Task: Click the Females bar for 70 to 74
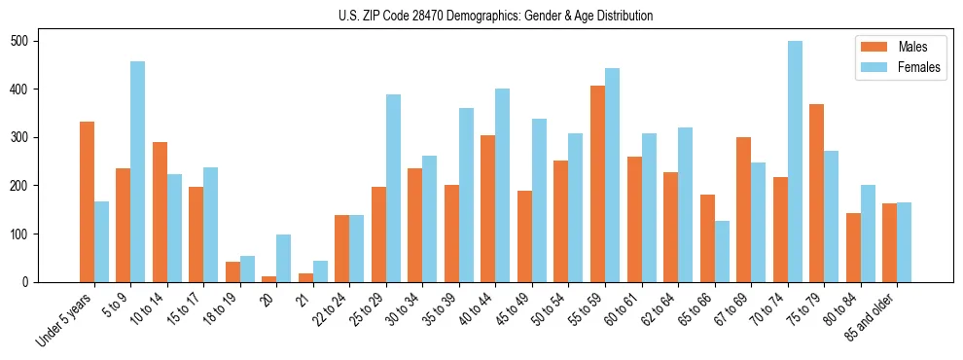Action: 795,162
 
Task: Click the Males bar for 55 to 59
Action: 597,184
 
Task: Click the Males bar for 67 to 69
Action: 743,209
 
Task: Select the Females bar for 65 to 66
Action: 722,251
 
